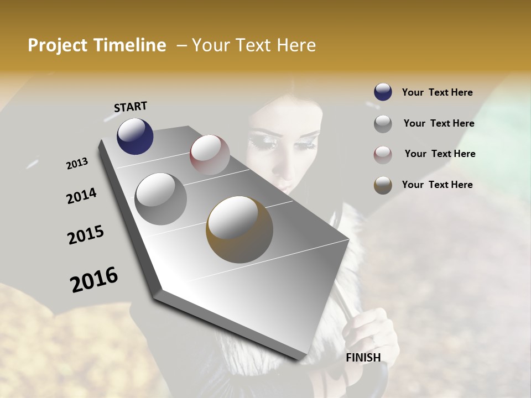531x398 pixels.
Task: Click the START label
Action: (x=131, y=107)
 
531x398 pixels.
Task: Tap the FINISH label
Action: (x=363, y=358)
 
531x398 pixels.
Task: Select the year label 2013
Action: (x=77, y=164)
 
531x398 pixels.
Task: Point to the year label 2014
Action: (x=81, y=196)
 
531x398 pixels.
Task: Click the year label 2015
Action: (x=86, y=235)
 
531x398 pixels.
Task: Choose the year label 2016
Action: (x=94, y=279)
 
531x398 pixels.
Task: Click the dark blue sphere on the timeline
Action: (x=135, y=136)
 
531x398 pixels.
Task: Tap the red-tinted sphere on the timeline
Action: (x=210, y=155)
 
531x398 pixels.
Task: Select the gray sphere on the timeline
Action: (x=160, y=198)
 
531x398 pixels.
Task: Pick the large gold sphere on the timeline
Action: (x=240, y=229)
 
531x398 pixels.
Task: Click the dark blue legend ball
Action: (x=383, y=92)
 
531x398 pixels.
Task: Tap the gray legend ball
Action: (x=383, y=124)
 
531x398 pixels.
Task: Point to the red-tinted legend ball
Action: (x=383, y=155)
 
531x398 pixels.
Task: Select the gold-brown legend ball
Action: (x=383, y=185)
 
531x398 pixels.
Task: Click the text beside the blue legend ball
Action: (x=437, y=92)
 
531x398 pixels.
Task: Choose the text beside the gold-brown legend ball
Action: (x=437, y=185)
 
